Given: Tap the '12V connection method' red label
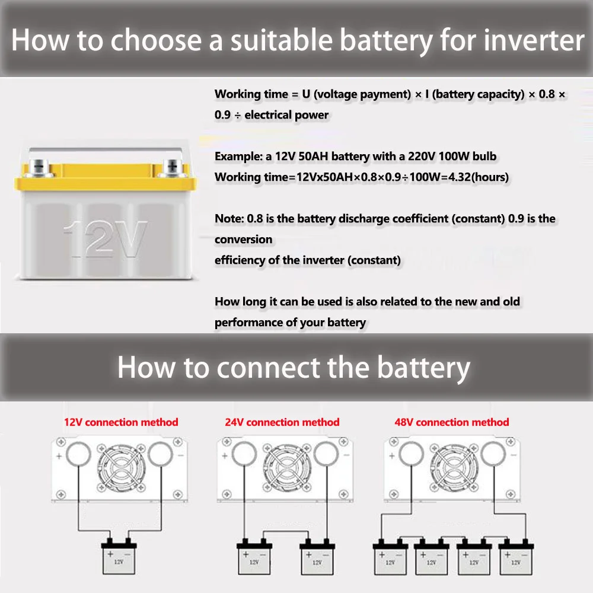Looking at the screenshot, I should (x=121, y=422).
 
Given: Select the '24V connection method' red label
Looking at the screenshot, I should (x=282, y=422).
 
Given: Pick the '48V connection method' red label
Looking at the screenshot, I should (x=452, y=422).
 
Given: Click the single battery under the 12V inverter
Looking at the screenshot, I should (x=119, y=557).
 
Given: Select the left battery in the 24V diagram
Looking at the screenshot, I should (x=253, y=557).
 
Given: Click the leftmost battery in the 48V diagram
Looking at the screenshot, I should (x=390, y=557).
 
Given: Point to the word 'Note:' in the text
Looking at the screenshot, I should (x=228, y=218).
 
